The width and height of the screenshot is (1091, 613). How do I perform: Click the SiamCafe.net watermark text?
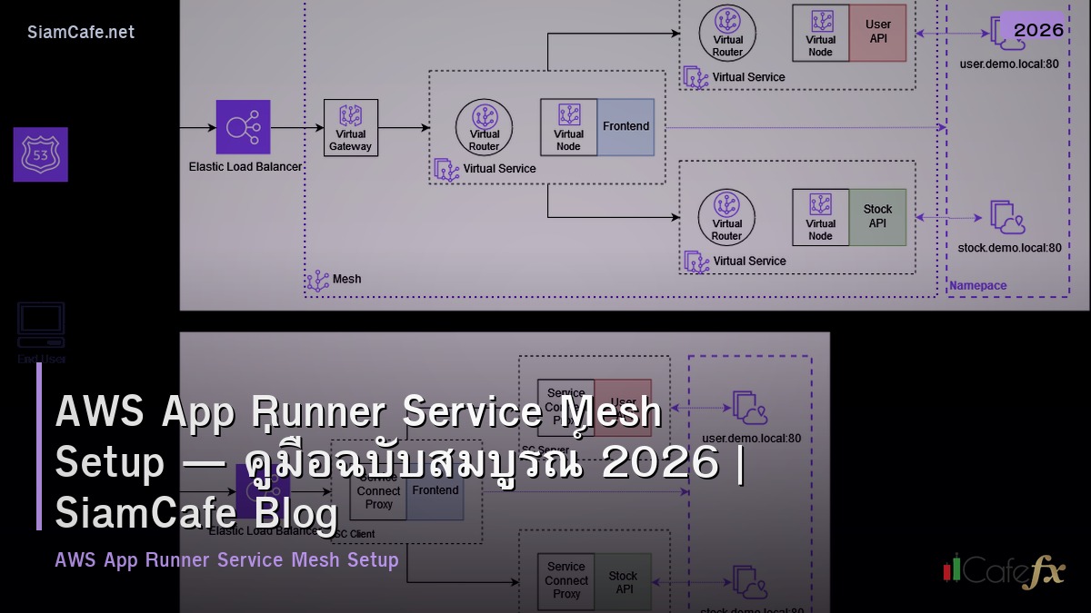point(81,33)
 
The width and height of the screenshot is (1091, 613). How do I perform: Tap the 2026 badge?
point(1038,30)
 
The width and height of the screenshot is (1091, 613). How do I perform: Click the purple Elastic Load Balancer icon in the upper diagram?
point(243,127)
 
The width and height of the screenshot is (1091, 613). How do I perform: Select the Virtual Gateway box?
point(350,127)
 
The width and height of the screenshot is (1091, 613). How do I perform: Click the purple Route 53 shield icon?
point(40,154)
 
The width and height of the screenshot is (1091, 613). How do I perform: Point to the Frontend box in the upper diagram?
point(626,127)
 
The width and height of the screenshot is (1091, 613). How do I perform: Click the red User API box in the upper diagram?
point(877,34)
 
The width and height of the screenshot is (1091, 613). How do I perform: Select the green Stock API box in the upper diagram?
point(877,217)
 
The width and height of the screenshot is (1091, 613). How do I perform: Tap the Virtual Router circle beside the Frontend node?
point(485,127)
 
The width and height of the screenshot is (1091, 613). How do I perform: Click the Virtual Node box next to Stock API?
point(820,217)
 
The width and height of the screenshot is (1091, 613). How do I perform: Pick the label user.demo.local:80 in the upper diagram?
point(1008,64)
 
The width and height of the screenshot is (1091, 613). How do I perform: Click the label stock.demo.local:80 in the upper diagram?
point(1008,247)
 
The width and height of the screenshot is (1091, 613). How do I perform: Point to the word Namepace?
point(977,286)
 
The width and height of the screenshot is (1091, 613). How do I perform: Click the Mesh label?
point(346,279)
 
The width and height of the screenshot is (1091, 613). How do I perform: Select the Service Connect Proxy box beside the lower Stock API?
point(566,580)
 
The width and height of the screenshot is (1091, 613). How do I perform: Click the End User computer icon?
point(41,324)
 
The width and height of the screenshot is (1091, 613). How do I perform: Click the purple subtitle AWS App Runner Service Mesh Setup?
point(226,560)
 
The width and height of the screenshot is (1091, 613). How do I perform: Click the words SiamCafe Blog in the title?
point(196,513)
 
